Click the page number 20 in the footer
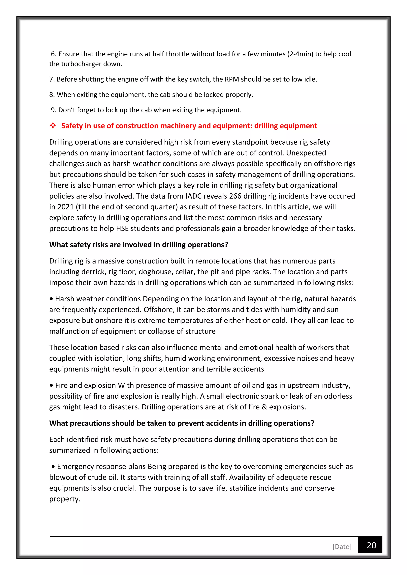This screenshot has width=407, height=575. click(x=371, y=545)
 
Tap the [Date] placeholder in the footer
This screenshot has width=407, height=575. click(x=342, y=547)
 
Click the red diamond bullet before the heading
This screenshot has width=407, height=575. click(x=53, y=125)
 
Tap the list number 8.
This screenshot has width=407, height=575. click(x=52, y=95)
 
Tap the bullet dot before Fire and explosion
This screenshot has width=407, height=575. click(x=51, y=385)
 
